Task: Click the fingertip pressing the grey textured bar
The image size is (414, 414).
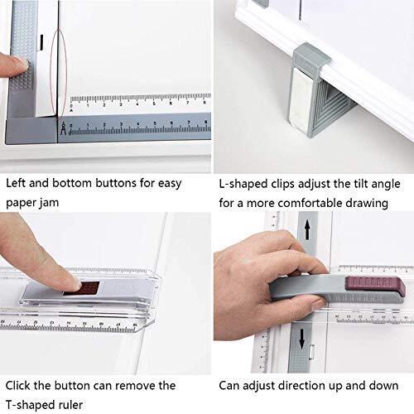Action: [11, 65]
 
